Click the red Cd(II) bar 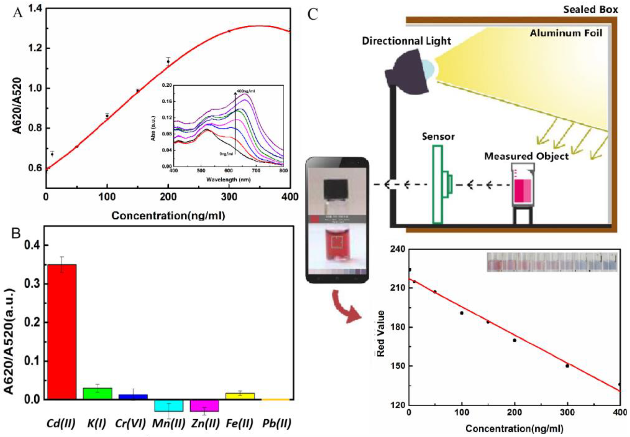pos(62,331)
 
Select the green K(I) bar pos(97,393)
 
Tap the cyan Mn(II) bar pos(169,405)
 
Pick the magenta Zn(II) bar pos(204,405)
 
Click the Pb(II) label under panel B pos(276,424)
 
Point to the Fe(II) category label pos(239,424)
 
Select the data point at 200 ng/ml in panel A pos(168,62)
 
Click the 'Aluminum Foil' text pos(566,33)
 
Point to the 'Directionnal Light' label pos(406,41)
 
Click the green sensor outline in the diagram pos(437,184)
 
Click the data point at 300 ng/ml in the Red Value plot pos(567,366)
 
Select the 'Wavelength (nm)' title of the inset pos(228,180)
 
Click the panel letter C pos(313,14)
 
